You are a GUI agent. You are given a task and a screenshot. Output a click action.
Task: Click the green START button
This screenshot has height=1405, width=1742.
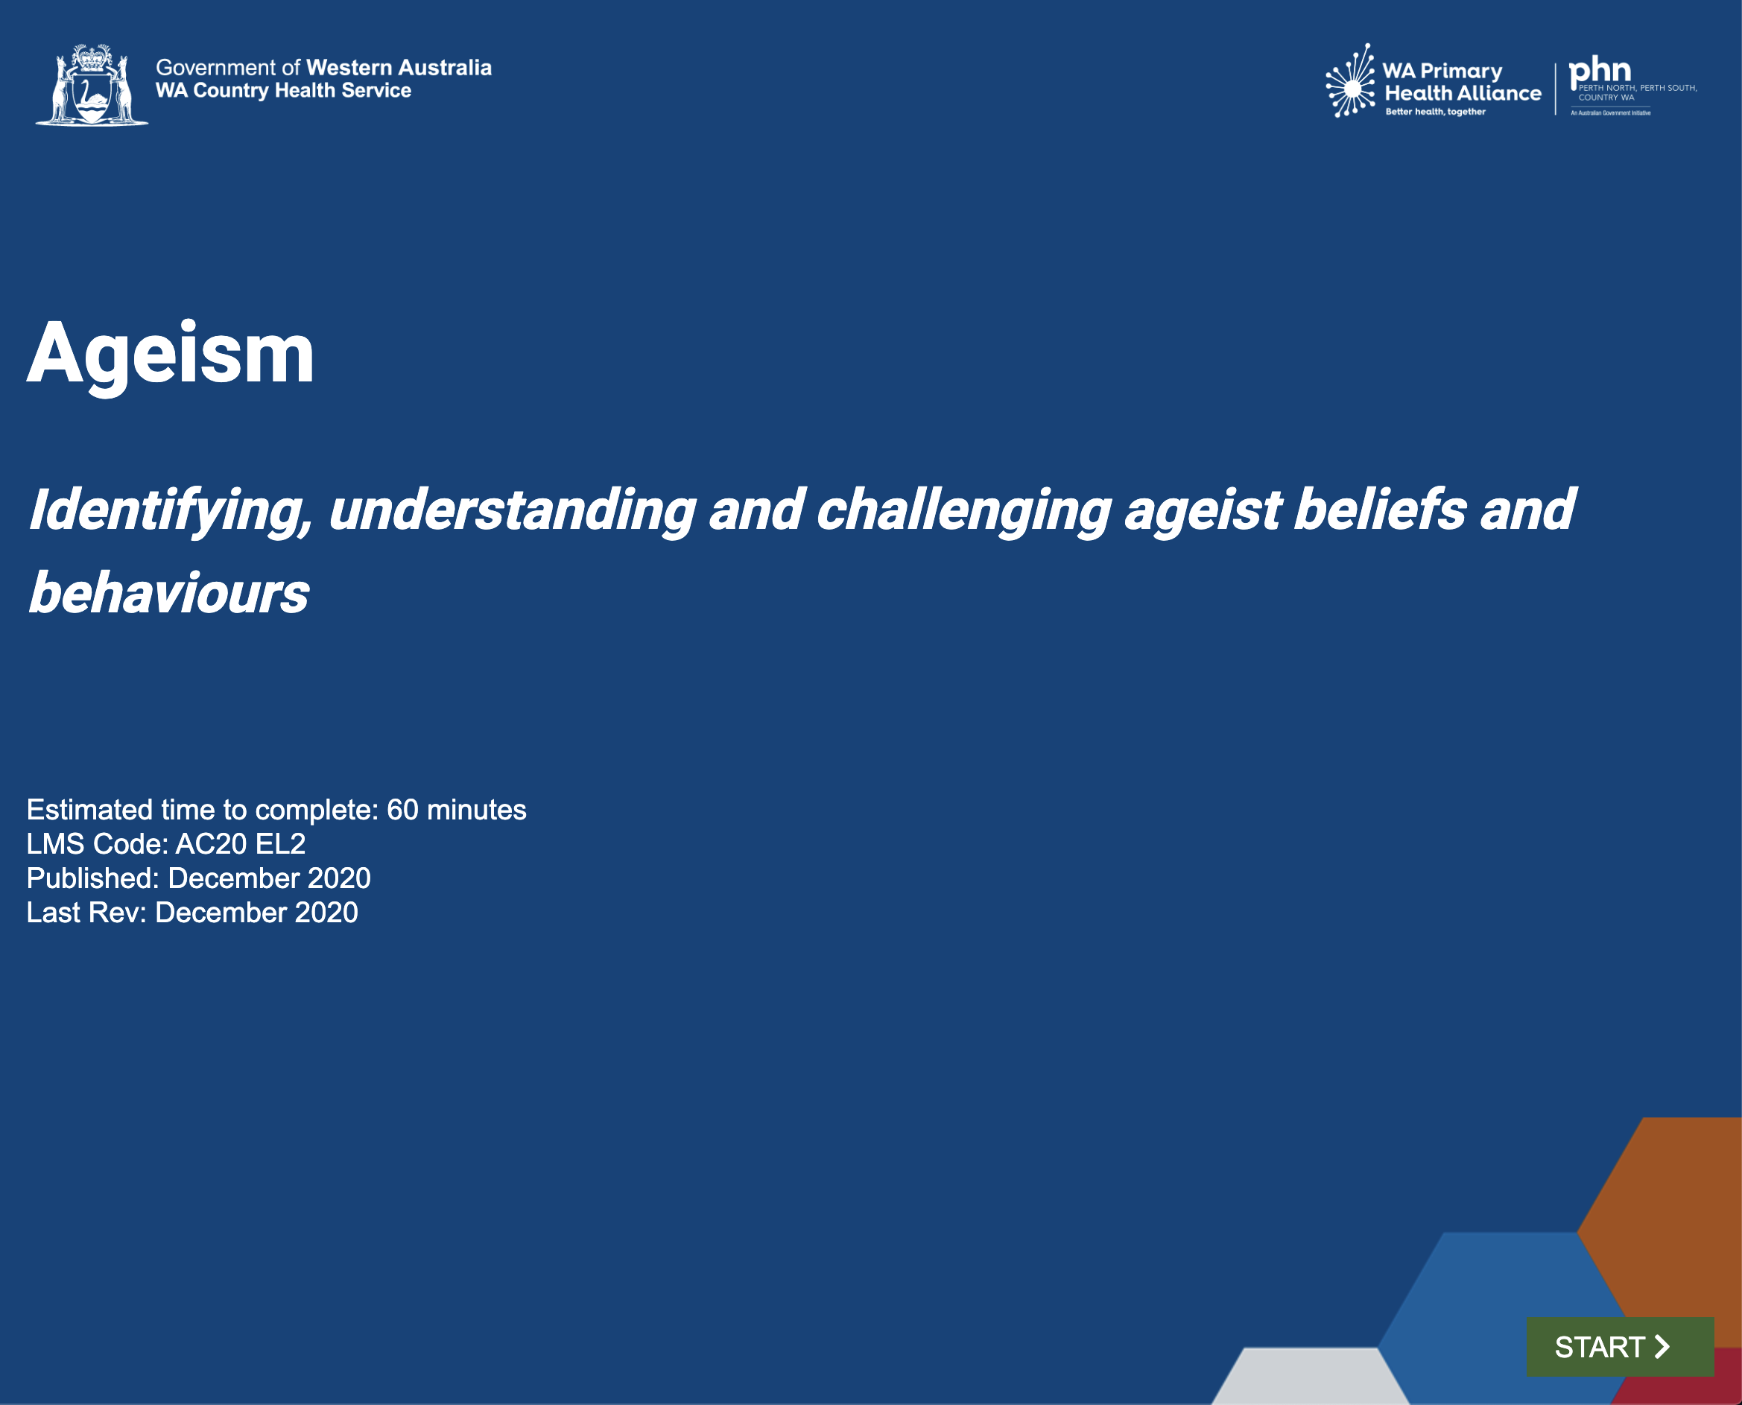pos(1620,1348)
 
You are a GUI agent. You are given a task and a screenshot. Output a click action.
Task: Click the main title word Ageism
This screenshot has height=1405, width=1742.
pos(171,354)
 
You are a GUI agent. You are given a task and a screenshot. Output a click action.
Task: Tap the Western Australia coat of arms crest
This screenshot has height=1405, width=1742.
pos(92,84)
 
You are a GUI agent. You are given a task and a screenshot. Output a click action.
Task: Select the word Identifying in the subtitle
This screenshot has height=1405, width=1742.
pos(171,512)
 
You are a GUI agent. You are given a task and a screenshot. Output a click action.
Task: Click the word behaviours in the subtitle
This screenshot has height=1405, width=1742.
pos(169,592)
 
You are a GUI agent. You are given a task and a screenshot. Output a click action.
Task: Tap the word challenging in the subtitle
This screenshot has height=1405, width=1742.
pos(963,512)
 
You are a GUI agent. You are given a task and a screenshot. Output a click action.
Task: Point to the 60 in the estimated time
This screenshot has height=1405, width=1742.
pos(402,810)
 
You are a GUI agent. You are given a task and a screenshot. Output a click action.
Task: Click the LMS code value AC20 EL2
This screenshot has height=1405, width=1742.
pos(241,844)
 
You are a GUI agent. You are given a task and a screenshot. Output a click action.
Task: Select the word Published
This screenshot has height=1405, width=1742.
pos(93,878)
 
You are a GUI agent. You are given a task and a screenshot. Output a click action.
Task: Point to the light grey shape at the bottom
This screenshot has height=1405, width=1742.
pos(1310,1376)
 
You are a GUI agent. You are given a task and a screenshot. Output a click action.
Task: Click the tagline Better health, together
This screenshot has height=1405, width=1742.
pos(1435,112)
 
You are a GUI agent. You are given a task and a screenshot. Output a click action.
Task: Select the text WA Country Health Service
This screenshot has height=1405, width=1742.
pos(283,91)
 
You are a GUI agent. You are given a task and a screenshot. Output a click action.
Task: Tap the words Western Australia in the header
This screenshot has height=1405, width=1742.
pos(399,67)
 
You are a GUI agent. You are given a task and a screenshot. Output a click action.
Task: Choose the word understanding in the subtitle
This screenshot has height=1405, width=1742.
pos(513,512)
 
